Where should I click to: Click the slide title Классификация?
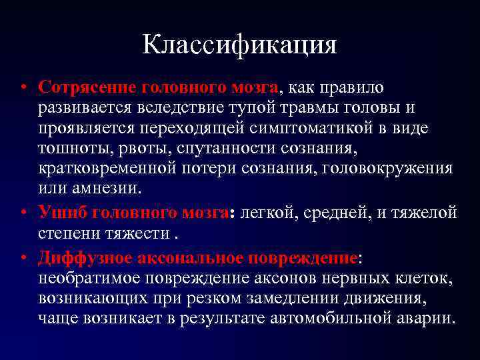[240, 45]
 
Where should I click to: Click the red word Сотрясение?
[82, 88]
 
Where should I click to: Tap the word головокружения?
[388, 167]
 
